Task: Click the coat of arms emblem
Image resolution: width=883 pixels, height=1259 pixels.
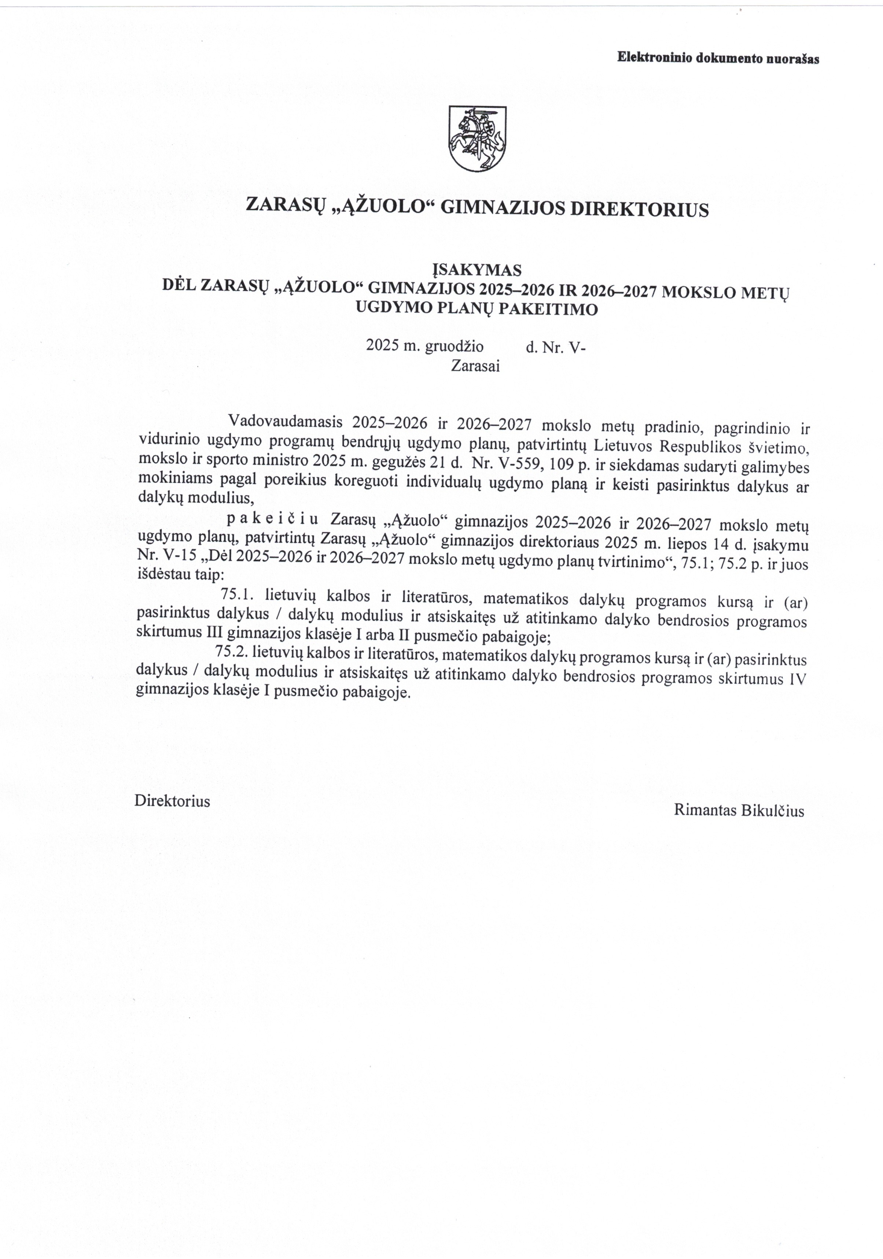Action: coord(477,138)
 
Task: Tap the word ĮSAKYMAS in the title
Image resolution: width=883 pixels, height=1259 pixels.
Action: coord(477,270)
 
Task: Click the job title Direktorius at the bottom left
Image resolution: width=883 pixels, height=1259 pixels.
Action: coord(172,801)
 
